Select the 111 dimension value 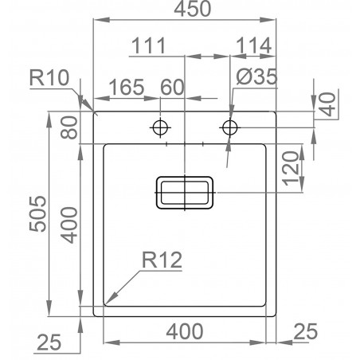tap(148, 47)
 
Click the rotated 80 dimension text tap(70, 127)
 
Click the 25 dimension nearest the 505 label tap(49, 343)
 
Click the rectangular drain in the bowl tap(184, 193)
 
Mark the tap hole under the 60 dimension tap(161, 127)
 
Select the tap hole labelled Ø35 tap(231, 127)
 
